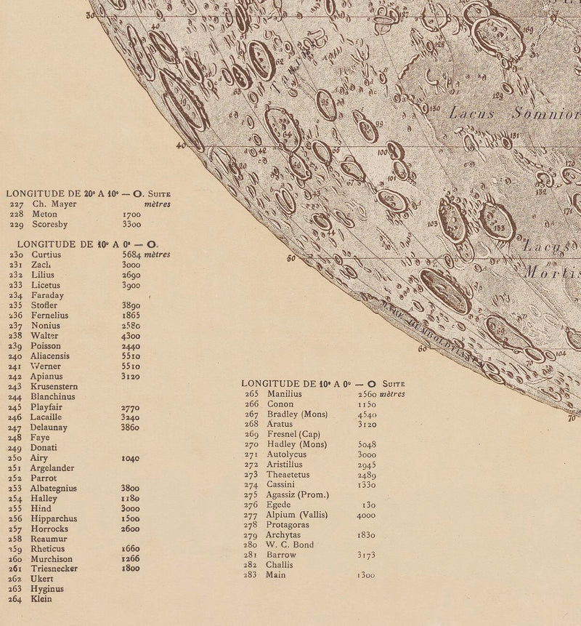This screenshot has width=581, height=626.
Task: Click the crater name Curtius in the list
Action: coord(46,255)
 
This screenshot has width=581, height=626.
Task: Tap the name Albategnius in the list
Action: coord(54,489)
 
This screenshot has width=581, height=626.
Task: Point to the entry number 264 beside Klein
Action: coord(16,599)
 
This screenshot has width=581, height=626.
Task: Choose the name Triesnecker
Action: coord(54,569)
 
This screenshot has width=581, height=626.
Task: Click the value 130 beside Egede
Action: coord(368,505)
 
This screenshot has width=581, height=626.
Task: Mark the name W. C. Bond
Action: coord(289,545)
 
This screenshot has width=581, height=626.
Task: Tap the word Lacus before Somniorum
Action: coord(472,113)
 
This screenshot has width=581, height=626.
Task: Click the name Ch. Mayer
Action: coord(54,204)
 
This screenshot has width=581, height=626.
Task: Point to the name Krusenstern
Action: coord(54,387)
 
